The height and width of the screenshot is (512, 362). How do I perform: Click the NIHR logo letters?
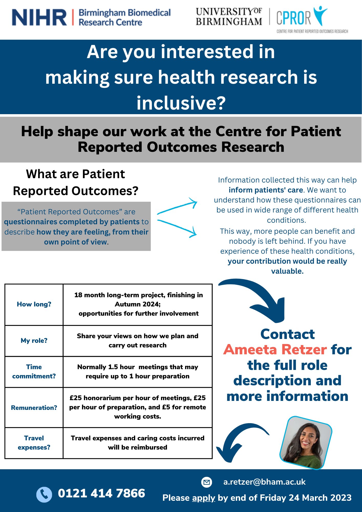[x=39, y=17]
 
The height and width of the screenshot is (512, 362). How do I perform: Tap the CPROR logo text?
[x=293, y=18]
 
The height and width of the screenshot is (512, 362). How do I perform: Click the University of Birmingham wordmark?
[x=229, y=17]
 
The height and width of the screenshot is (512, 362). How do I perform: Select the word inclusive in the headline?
[x=181, y=103]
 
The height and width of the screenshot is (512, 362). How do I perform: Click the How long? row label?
[x=34, y=304]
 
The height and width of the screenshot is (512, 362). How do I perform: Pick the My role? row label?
[x=34, y=340]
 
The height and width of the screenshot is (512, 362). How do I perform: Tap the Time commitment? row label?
[x=34, y=371]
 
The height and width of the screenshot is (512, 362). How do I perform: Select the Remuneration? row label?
[x=34, y=408]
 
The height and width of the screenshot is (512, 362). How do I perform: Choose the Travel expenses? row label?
[x=34, y=443]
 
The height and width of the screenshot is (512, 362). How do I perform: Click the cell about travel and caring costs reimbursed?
[x=137, y=443]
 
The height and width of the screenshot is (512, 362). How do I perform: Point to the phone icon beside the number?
[x=44, y=494]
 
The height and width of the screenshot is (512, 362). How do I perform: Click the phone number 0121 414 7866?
[x=101, y=493]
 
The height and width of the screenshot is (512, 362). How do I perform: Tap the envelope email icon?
[x=207, y=482]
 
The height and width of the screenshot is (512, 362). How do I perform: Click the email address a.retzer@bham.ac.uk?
[x=264, y=482]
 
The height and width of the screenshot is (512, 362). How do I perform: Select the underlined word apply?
[x=204, y=498]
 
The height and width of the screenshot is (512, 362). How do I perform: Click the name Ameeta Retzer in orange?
[x=275, y=350]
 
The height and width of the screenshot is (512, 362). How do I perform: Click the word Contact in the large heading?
[x=288, y=334]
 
